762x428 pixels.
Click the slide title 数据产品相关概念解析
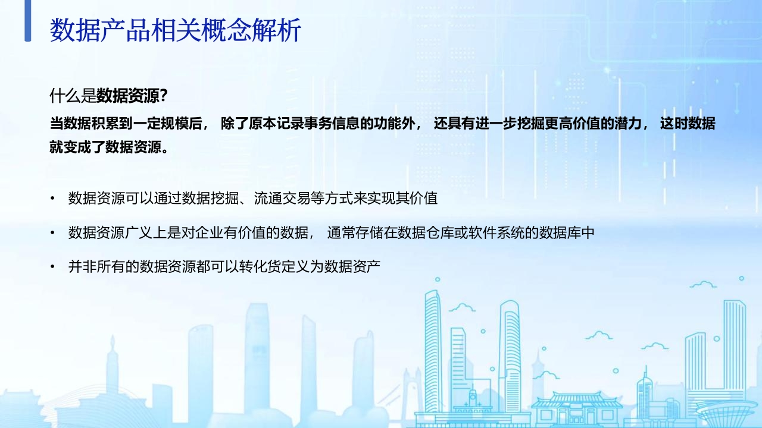[175, 30]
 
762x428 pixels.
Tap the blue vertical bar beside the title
[28, 21]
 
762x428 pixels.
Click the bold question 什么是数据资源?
[108, 96]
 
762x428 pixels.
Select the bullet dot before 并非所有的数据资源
[52, 267]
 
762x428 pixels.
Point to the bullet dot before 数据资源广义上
[52, 232]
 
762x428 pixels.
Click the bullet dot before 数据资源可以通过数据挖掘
[52, 199]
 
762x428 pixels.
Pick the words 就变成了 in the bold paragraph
[77, 147]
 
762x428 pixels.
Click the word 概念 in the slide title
[226, 30]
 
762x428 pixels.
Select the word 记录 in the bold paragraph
[290, 123]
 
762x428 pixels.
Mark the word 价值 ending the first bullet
[423, 199]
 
